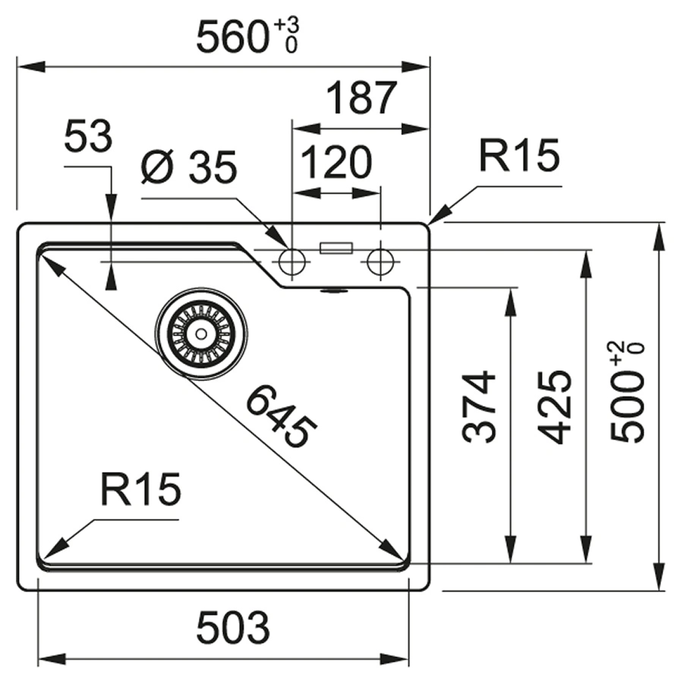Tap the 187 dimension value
pyautogui.click(x=361, y=98)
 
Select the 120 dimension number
pyautogui.click(x=336, y=162)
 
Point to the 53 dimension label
pyautogui.click(x=88, y=138)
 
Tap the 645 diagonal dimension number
pyautogui.click(x=280, y=416)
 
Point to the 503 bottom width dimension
pyautogui.click(x=232, y=628)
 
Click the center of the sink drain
pyautogui.click(x=201, y=332)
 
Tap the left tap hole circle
pyautogui.click(x=291, y=263)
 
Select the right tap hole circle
pyautogui.click(x=380, y=263)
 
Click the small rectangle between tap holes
pyautogui.click(x=336, y=247)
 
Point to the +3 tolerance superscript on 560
pyautogui.click(x=287, y=27)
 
